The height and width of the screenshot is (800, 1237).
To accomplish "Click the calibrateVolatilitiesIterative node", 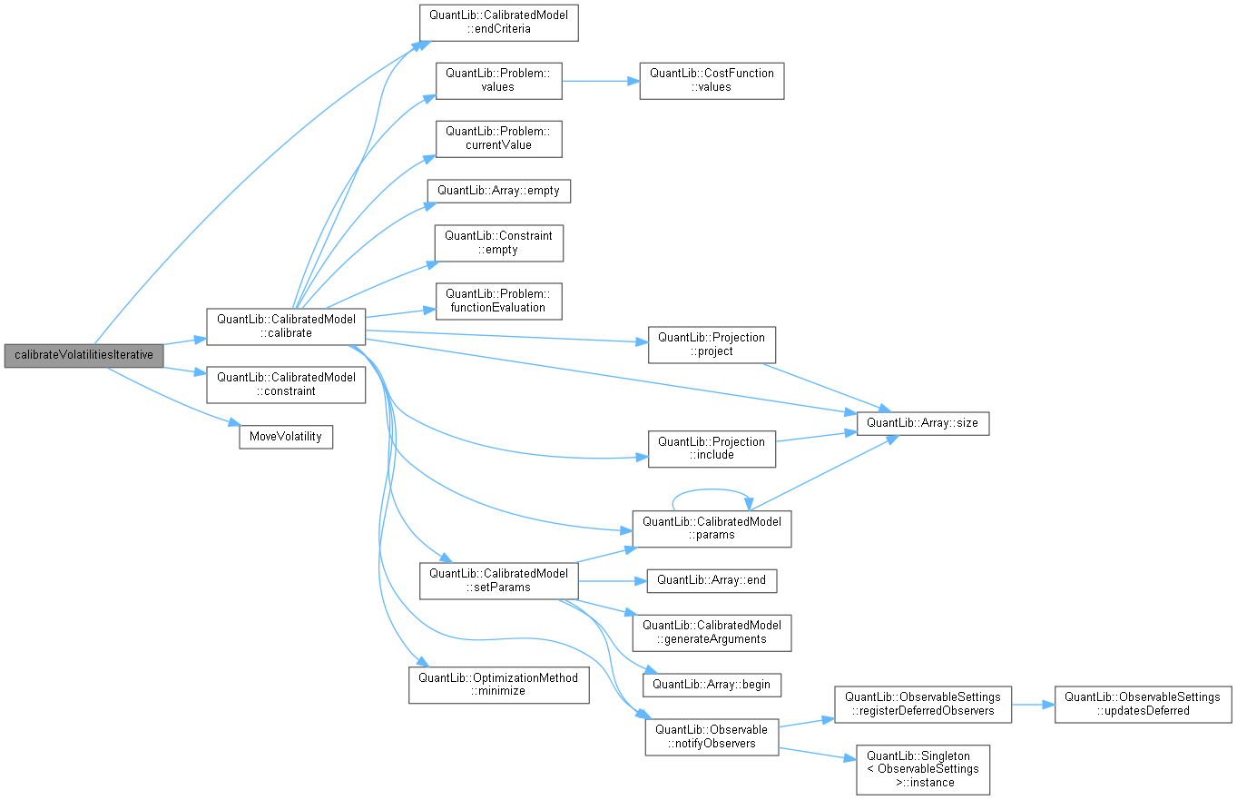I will pos(83,355).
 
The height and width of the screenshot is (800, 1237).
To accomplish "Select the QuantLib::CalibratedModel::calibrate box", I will pos(286,326).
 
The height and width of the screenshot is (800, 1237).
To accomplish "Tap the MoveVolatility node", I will pos(286,437).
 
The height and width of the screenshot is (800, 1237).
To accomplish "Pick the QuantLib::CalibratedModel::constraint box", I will pos(286,384).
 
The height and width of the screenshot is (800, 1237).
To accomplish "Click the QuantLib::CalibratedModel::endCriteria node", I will pos(498,22).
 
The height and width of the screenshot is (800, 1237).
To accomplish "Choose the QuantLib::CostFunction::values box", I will pos(712,80).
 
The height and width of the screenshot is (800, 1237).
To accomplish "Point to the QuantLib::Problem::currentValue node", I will pos(498,138).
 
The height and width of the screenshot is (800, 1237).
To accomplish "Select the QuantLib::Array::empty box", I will pos(498,191).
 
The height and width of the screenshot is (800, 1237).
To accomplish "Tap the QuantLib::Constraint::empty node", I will pos(498,242).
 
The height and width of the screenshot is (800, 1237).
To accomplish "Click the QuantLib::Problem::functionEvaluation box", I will pos(498,301).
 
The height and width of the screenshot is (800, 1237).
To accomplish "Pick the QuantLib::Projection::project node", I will pos(712,344).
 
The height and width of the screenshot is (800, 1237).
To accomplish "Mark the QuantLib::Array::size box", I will pos(922,422).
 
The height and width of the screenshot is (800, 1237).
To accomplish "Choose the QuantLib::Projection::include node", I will pos(712,449).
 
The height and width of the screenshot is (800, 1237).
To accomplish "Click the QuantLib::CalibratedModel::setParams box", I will pos(498,580).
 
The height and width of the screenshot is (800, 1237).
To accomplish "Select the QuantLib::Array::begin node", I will pos(712,684).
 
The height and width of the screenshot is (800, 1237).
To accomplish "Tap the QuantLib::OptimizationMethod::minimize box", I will pos(498,684).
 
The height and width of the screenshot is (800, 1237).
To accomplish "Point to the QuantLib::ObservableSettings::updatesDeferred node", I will pos(1143,704).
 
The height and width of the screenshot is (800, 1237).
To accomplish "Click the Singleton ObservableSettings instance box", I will pos(922,769).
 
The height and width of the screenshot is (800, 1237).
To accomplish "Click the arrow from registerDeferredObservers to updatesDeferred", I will pos(1033,704).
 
